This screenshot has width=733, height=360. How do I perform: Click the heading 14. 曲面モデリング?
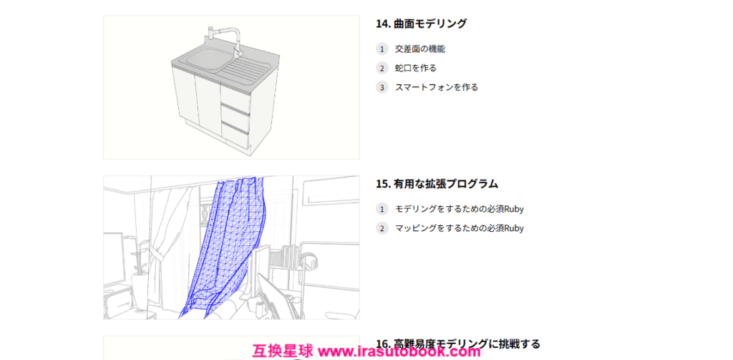tap(421, 24)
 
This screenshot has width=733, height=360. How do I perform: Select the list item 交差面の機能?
tap(417, 49)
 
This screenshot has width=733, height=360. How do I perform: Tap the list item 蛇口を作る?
tap(416, 68)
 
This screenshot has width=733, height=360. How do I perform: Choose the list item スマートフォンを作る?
tap(437, 87)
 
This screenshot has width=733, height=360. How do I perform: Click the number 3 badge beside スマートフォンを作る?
tap(382, 87)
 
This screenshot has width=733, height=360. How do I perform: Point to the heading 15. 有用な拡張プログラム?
tap(437, 184)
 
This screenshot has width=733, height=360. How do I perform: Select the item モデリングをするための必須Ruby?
tap(459, 209)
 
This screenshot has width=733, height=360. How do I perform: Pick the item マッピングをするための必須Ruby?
tap(459, 228)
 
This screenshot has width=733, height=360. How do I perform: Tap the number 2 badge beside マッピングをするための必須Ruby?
tap(382, 228)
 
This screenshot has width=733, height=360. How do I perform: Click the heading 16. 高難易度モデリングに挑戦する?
tap(458, 344)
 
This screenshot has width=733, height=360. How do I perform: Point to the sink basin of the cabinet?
tap(200, 59)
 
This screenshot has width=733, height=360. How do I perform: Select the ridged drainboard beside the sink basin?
tap(246, 70)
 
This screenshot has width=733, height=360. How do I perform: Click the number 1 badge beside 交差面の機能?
tap(382, 49)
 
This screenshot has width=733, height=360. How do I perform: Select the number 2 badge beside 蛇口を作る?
tap(382, 68)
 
